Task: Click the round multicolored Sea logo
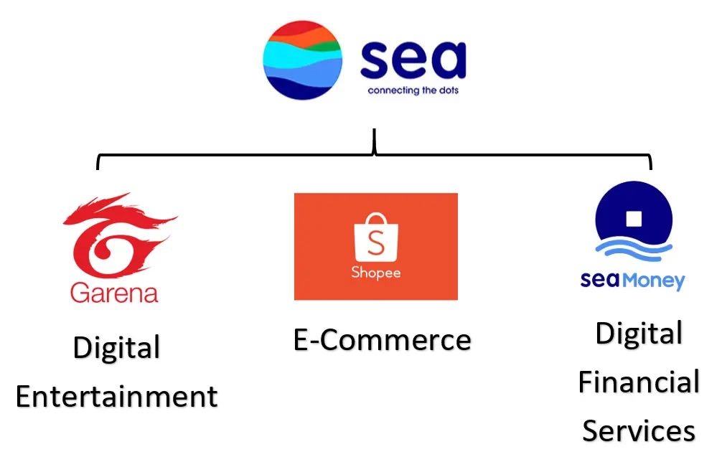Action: tap(303, 60)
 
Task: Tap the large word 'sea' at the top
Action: tap(413, 60)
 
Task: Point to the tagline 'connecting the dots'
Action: tap(413, 91)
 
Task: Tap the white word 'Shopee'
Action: tap(376, 273)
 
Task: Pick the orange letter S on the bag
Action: tap(376, 243)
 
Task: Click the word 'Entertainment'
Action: tap(116, 397)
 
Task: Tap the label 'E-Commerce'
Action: tap(382, 340)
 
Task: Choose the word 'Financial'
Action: tap(638, 382)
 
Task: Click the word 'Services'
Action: tap(638, 431)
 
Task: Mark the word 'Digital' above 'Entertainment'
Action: tap(116, 349)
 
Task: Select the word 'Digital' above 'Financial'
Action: tap(638, 334)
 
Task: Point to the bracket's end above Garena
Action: tap(98, 164)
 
